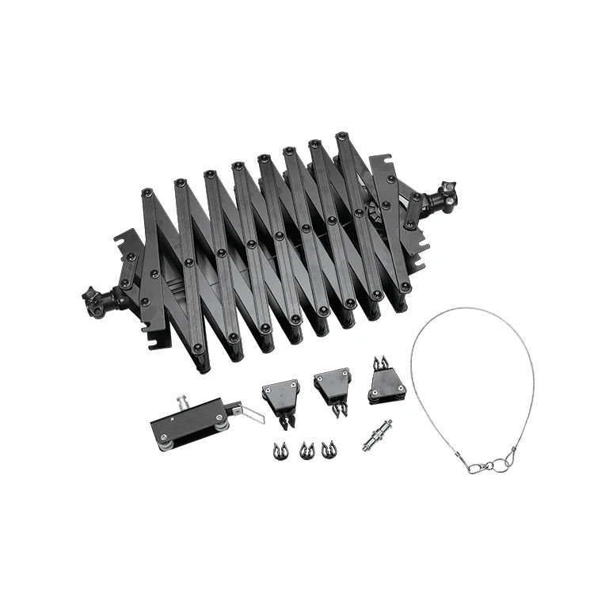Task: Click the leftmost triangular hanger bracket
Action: tap(281, 393)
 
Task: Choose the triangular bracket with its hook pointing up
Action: tap(386, 386)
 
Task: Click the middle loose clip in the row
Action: tap(306, 451)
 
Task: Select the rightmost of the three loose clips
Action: tap(328, 449)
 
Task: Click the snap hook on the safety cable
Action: tap(478, 466)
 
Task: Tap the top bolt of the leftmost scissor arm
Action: tap(147, 192)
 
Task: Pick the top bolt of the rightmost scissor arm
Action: tap(341, 136)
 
